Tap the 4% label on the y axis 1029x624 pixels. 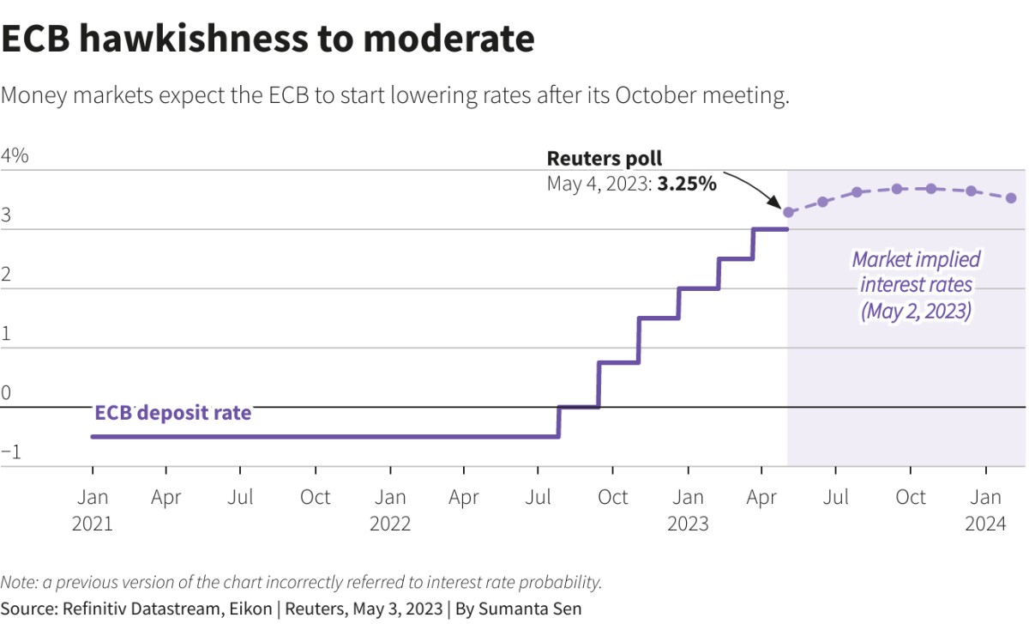tap(15, 156)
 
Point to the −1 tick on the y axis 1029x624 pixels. tap(11, 453)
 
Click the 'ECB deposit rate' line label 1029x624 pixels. tap(172, 413)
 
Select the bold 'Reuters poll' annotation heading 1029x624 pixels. tap(604, 159)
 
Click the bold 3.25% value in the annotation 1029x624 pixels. tap(686, 184)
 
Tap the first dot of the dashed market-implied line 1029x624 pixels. tap(789, 211)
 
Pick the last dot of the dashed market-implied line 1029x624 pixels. tap(1011, 198)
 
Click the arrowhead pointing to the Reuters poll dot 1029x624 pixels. tap(779, 205)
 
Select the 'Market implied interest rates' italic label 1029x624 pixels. tap(916, 285)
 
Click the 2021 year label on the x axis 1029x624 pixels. tap(93, 524)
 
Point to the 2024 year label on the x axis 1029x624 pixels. tap(986, 524)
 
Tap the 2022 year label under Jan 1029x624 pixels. tap(390, 524)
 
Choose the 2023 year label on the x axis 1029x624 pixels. tap(688, 524)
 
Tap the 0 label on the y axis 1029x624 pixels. tap(6, 394)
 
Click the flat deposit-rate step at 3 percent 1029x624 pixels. tap(770, 229)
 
